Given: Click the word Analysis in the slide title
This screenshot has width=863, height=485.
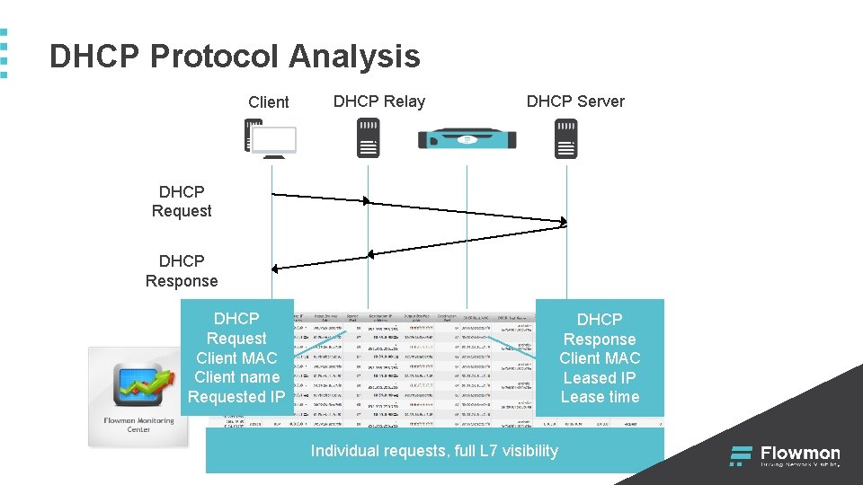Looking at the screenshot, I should pyautogui.click(x=354, y=57).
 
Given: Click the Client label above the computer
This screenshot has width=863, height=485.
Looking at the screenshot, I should pyautogui.click(x=269, y=102).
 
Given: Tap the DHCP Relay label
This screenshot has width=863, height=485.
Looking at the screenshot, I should pyautogui.click(x=379, y=101).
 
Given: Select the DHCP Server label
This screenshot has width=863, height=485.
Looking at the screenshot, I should pyautogui.click(x=575, y=101).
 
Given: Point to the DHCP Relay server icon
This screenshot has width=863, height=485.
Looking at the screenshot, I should pyautogui.click(x=367, y=138).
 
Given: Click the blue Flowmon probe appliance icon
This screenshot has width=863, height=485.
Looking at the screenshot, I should pyautogui.click(x=467, y=139).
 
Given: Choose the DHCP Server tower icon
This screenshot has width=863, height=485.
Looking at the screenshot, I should pyautogui.click(x=565, y=138).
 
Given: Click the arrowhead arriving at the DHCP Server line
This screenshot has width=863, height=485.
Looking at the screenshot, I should pyautogui.click(x=565, y=221).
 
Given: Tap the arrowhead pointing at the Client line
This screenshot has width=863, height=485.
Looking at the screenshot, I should pyautogui.click(x=275, y=268).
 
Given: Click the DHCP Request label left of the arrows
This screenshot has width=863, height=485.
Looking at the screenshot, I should pyautogui.click(x=182, y=201).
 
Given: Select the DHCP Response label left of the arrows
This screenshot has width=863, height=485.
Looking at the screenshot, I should pyautogui.click(x=182, y=270).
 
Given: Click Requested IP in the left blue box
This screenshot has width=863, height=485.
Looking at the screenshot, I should pyautogui.click(x=236, y=396).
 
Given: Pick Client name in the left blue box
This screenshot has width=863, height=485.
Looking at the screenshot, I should pyautogui.click(x=236, y=377).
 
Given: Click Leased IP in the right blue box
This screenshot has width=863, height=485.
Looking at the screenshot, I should pyautogui.click(x=600, y=378).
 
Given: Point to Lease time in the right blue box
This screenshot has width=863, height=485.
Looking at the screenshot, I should pyautogui.click(x=600, y=397).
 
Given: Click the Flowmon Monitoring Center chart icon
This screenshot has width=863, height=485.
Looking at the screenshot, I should pyautogui.click(x=138, y=386).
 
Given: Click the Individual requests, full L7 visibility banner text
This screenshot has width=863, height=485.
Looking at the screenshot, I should pyautogui.click(x=434, y=451).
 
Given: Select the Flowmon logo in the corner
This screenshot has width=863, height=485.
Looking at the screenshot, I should pyautogui.click(x=784, y=455).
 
